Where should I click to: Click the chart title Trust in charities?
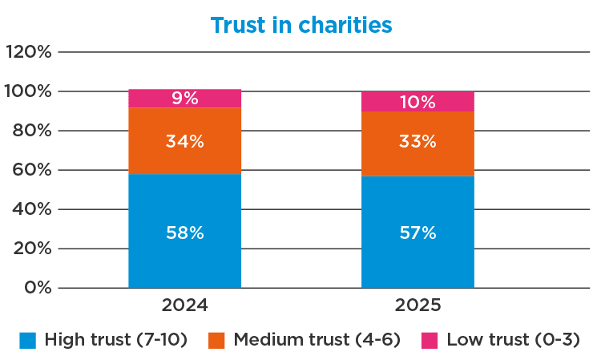coord(300,25)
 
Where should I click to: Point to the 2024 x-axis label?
coord(184,305)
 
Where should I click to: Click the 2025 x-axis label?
coord(417,305)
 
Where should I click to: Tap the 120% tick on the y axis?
coord(29,52)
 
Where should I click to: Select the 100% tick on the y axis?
coord(29,91)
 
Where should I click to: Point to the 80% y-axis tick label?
coord(33,131)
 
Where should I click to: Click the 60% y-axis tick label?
coord(33,170)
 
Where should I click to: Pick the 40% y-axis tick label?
coord(33,209)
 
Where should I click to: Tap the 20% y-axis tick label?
coord(33,249)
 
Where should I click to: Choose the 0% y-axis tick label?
coord(37,287)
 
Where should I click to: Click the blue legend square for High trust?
coord(28,340)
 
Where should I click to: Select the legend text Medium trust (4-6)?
coord(317,340)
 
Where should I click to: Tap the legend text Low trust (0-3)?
coord(513,340)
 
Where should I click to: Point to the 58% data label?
coord(184,233)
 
